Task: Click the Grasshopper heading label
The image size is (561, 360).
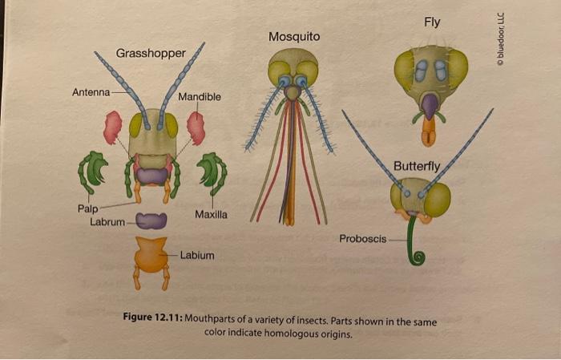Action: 151,53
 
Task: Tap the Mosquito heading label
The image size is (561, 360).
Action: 294,37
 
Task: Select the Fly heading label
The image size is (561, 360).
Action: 431,22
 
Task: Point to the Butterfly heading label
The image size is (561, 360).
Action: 417,166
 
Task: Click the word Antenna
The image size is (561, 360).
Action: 91,92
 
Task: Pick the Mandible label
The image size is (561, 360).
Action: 200,97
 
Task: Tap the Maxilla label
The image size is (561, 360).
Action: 211,215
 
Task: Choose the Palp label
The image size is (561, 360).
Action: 87,208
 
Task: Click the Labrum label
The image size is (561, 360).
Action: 107,221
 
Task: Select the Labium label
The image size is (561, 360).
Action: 197,255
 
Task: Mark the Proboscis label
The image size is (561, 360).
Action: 362,238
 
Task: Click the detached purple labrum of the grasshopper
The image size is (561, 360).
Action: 151,220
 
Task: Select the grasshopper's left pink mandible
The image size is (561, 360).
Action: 113,127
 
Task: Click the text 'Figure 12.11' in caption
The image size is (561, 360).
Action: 153,322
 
